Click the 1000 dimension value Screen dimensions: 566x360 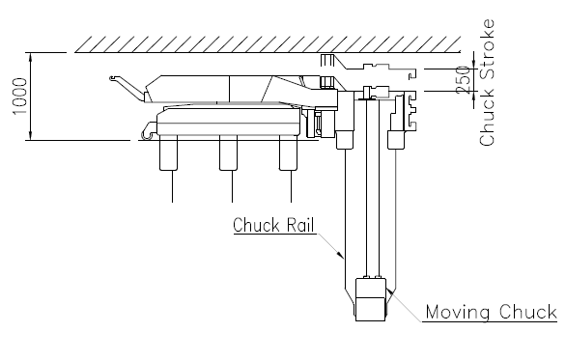coord(20,97)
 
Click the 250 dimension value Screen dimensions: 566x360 coord(464,80)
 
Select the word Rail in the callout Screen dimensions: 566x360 coord(300,225)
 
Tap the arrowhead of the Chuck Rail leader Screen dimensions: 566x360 coord(340,254)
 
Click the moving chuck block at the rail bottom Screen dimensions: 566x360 coord(371,299)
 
